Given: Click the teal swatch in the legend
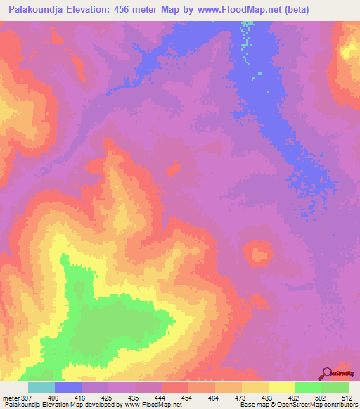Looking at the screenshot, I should (x=41, y=387).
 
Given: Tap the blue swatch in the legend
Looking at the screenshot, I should (x=67, y=387).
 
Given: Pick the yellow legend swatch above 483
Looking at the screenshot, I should (x=255, y=387).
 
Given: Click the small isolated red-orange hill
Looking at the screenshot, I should (x=256, y=251).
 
